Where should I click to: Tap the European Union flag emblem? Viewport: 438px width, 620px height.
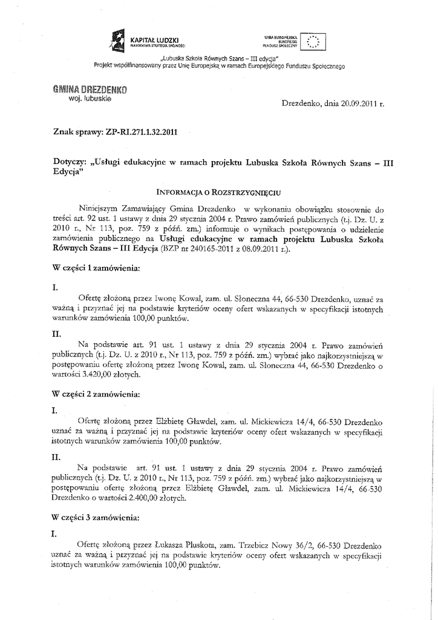314,41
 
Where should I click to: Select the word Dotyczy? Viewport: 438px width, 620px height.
69,162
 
